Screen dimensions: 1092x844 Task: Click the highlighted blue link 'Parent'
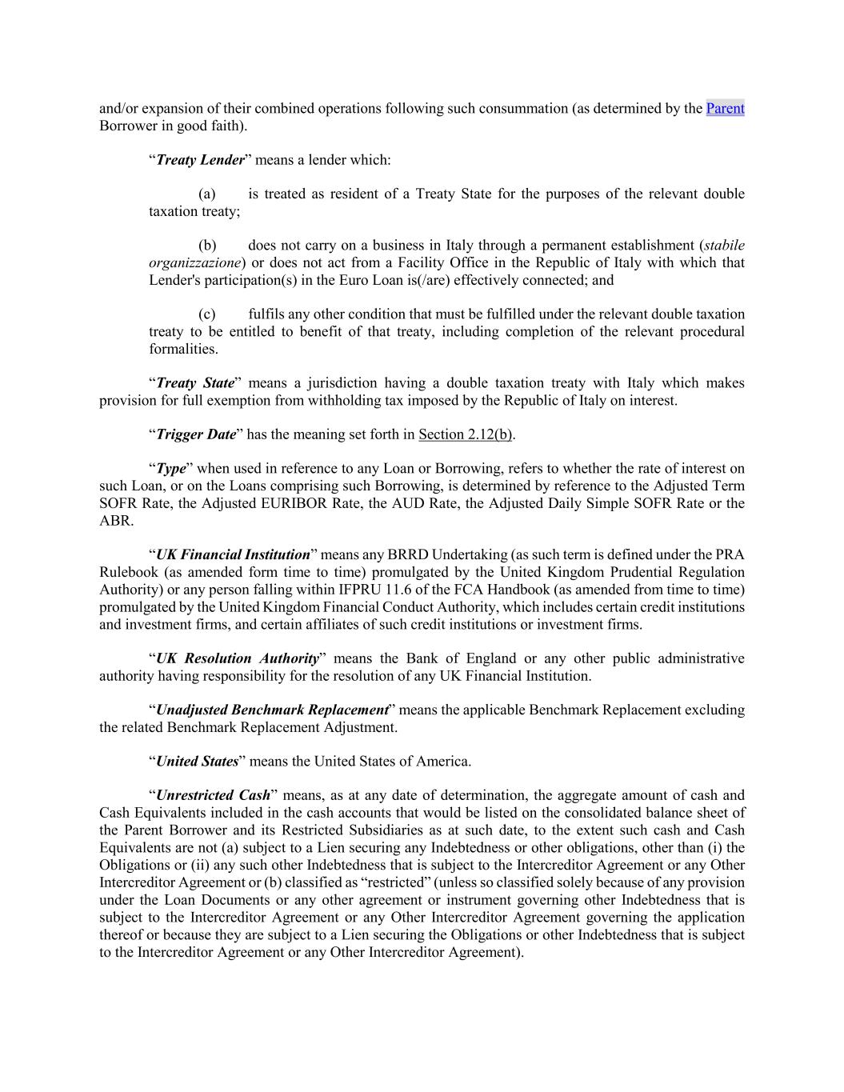725,108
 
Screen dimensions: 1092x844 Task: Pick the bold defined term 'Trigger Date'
196,434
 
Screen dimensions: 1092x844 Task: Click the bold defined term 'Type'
170,469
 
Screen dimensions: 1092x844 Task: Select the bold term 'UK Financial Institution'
233,555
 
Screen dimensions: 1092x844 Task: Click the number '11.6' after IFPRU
429,590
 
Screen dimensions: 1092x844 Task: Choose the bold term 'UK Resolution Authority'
237,658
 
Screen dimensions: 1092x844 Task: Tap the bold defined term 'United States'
197,762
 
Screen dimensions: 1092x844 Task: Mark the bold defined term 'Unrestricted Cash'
213,796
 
